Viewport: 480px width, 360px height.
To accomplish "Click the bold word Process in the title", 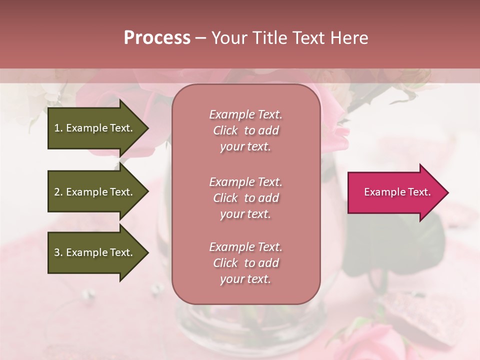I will [157, 38].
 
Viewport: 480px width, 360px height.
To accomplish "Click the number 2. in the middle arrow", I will [58, 192].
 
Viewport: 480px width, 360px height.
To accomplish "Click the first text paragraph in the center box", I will [245, 130].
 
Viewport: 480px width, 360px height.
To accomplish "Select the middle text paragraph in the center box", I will [245, 198].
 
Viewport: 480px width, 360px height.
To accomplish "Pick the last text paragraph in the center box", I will [245, 263].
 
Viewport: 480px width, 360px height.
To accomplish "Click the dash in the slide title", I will [201, 38].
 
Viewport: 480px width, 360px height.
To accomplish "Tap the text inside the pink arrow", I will [397, 192].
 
